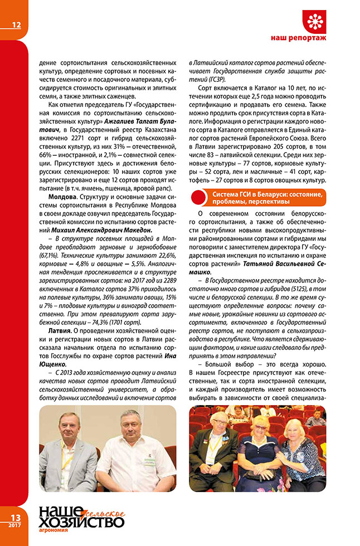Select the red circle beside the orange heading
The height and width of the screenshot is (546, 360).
click(200, 197)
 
